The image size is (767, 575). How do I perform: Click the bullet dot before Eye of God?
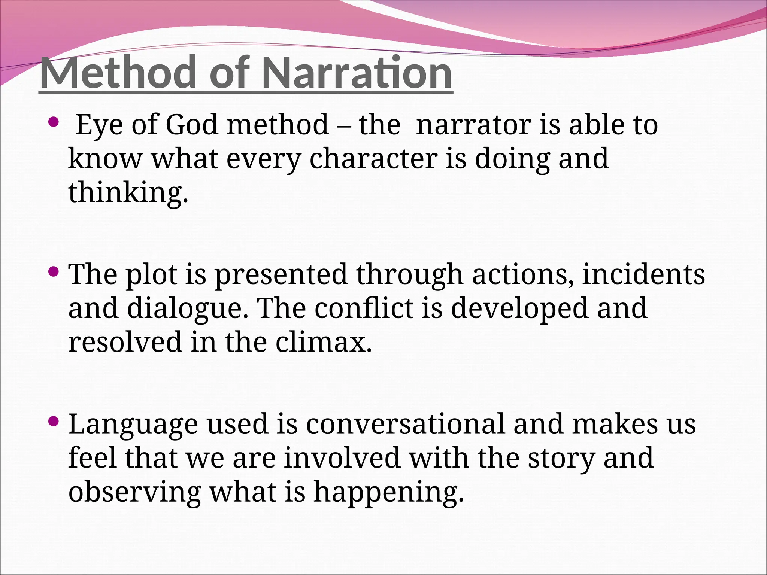[x=54, y=121]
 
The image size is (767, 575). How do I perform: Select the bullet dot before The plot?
[x=54, y=271]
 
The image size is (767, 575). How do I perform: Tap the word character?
[x=373, y=159]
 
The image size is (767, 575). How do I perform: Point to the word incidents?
[x=643, y=274]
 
